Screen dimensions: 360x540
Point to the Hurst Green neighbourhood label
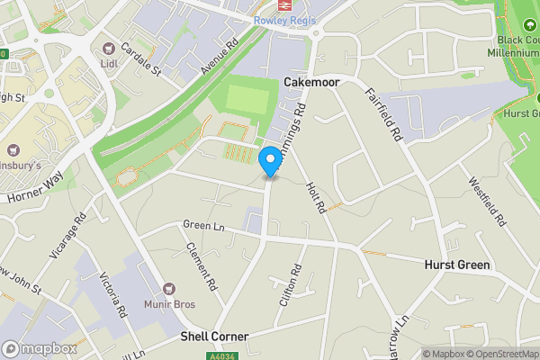pyautogui.click(x=456, y=265)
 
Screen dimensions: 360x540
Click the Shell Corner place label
pyautogui.click(x=213, y=336)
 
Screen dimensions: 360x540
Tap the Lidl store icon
pyautogui.click(x=110, y=47)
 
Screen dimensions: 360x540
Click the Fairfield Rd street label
pyautogui.click(x=383, y=113)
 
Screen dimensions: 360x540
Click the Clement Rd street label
pyautogui.click(x=202, y=265)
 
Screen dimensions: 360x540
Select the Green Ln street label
pyautogui.click(x=202, y=225)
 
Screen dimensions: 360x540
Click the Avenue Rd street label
pyautogui.click(x=219, y=56)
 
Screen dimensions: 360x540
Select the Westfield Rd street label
pyautogui.click(x=486, y=200)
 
